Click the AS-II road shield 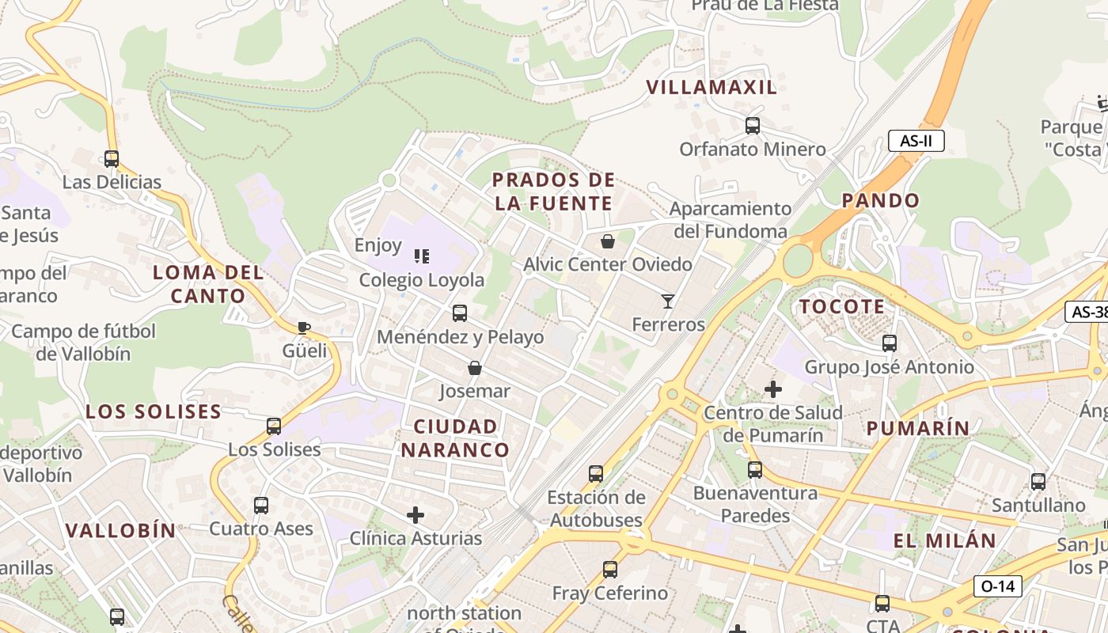click(x=916, y=142)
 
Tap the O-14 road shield click(x=998, y=586)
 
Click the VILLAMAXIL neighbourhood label click(x=711, y=88)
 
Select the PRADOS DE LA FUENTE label click(x=553, y=191)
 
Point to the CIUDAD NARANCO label click(x=455, y=438)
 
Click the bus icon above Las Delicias click(x=112, y=158)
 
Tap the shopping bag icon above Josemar click(x=475, y=368)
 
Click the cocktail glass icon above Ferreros click(x=668, y=301)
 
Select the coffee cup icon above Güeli click(x=303, y=328)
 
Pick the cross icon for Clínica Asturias click(x=415, y=516)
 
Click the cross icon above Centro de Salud click(x=773, y=389)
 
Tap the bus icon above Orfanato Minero click(x=753, y=125)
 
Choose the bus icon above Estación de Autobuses click(x=596, y=474)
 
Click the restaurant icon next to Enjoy click(x=422, y=256)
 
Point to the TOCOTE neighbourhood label click(x=841, y=307)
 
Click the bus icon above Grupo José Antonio click(x=890, y=343)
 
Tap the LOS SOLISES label click(x=154, y=411)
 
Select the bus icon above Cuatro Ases click(x=261, y=505)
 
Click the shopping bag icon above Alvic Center click(x=608, y=241)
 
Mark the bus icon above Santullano click(x=1038, y=481)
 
